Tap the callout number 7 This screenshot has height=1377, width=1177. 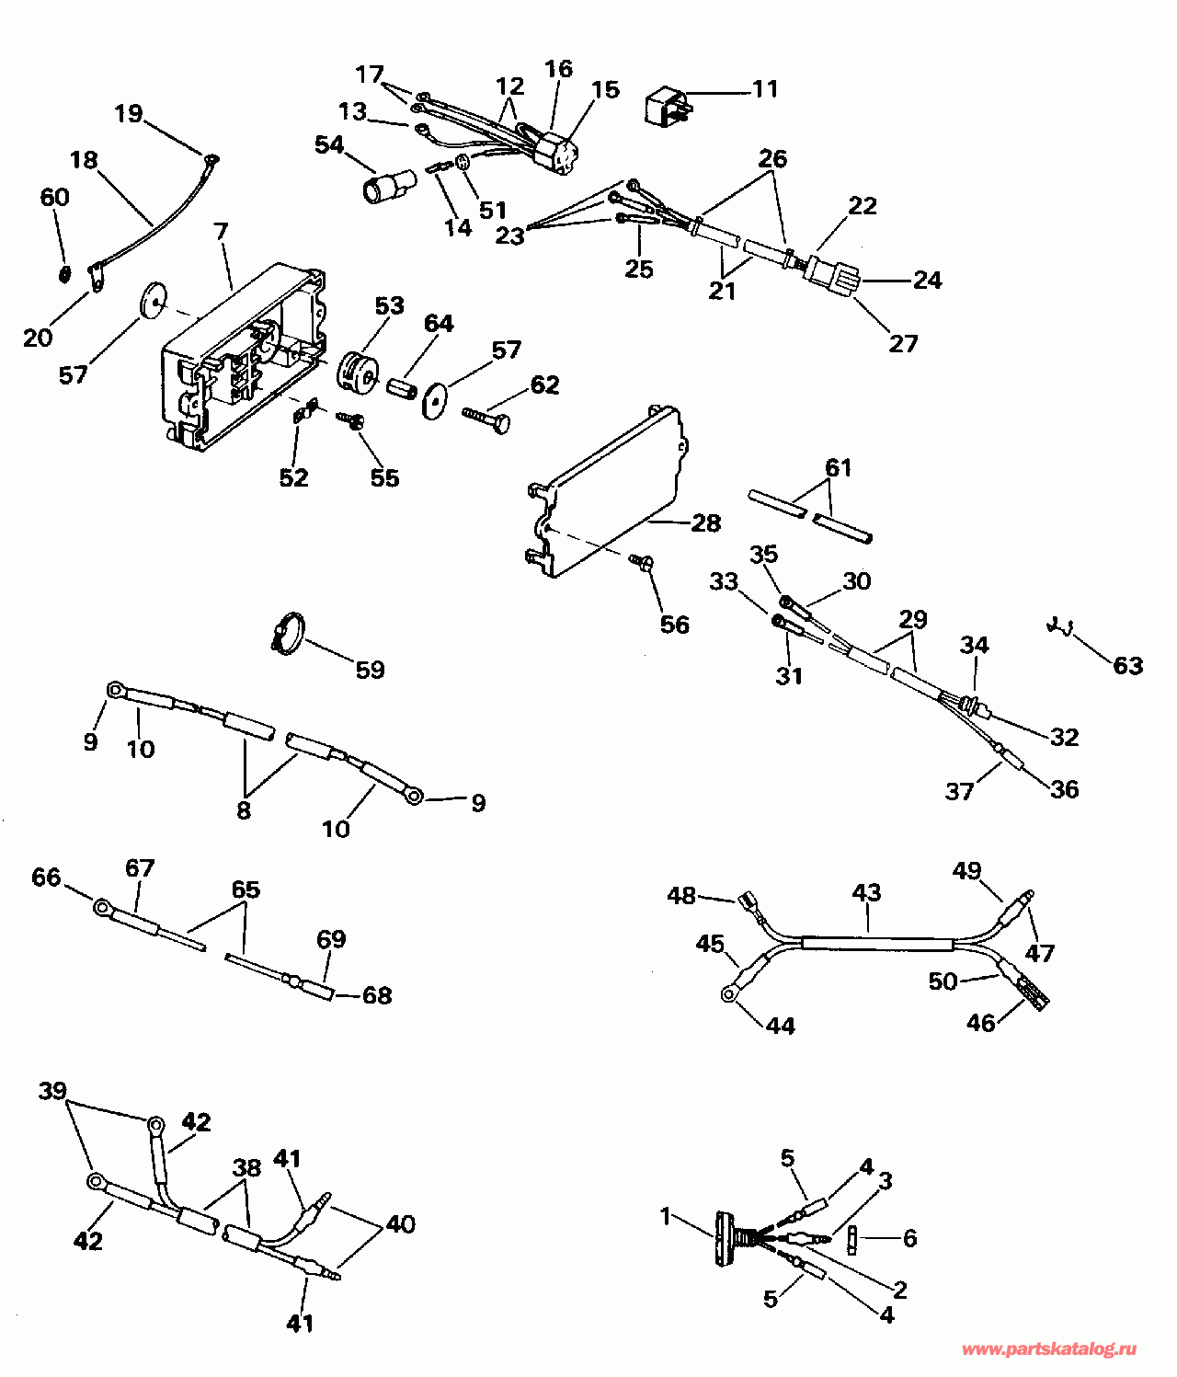pos(222,232)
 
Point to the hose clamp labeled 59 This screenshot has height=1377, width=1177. pos(288,634)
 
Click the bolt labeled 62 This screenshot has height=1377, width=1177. pos(488,419)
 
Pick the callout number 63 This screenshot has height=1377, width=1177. pos(1127,665)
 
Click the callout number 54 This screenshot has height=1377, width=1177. pos(329,145)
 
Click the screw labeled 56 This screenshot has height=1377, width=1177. pos(641,560)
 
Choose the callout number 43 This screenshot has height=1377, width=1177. pos(866,892)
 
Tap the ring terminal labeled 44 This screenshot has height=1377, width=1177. pos(730,993)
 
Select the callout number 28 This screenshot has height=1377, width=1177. pos(705,523)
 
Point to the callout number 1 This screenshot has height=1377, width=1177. pos(666,1217)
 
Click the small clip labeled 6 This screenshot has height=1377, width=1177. pos(852,1238)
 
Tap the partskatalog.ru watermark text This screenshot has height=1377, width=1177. pos(1048,1349)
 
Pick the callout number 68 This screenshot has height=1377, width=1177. pos(377,995)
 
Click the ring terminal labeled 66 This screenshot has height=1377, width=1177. pos(103,908)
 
